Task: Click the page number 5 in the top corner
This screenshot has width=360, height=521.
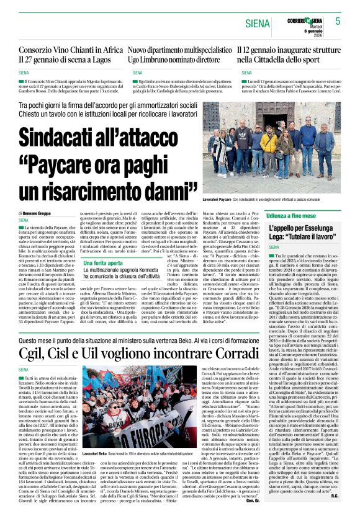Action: (338, 21)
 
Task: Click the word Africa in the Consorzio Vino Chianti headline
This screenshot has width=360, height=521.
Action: (106, 50)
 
